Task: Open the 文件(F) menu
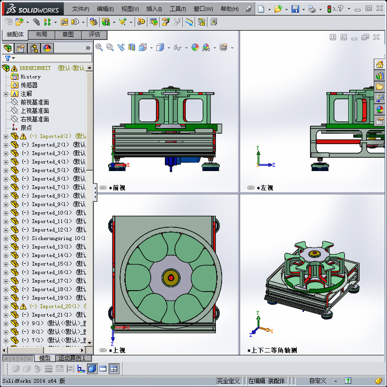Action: tap(80, 9)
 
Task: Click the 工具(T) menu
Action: tap(178, 9)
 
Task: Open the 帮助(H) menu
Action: tap(229, 9)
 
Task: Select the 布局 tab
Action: tap(42, 34)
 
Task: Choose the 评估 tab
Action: tap(95, 34)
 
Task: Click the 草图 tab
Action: tap(68, 34)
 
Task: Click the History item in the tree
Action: tap(30, 77)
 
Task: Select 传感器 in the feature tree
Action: tap(29, 85)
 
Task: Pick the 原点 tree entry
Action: tap(26, 128)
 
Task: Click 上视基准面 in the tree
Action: tap(34, 111)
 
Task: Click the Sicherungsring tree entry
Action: tap(52, 238)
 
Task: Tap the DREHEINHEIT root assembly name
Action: tap(35, 68)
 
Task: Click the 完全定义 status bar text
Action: tap(228, 380)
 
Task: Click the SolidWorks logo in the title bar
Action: tap(32, 9)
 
